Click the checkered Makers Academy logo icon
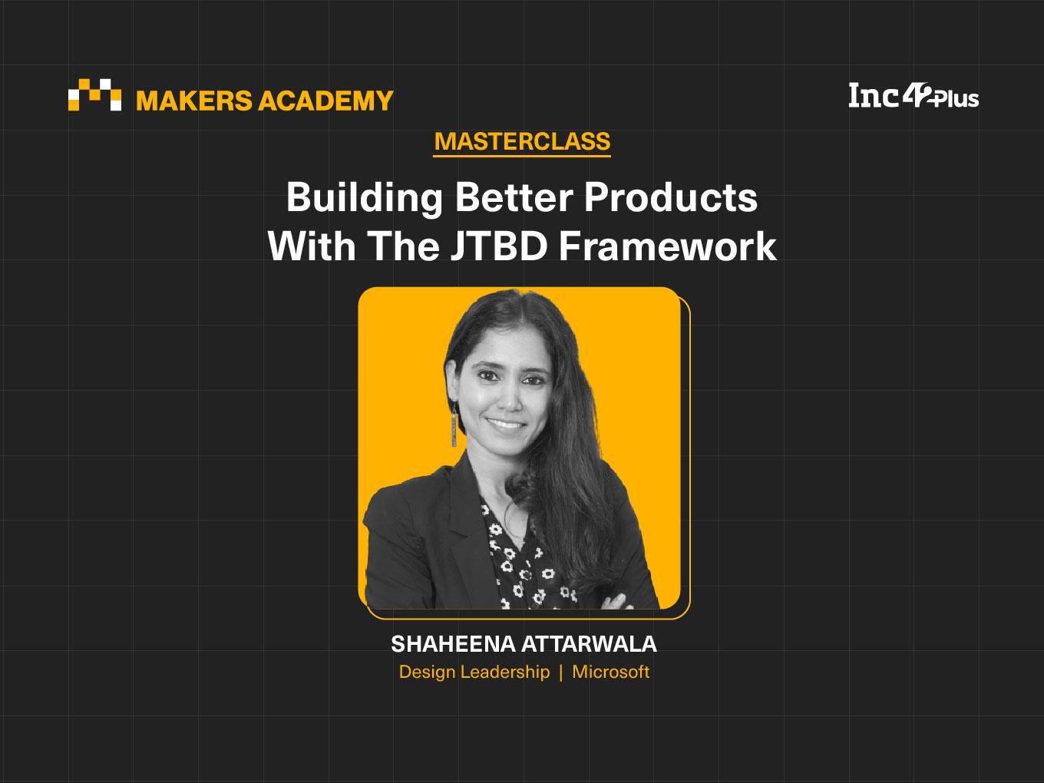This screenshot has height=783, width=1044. coord(94,94)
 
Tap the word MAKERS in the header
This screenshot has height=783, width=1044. coord(194,101)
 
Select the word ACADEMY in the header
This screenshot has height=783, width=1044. coord(325,101)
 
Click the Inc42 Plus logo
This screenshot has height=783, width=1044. coord(914,96)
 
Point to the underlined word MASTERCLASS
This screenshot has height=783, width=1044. coord(522,141)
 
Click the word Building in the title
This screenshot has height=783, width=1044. coord(365,199)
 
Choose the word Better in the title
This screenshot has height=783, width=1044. coord(514,198)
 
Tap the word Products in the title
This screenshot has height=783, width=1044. coord(671,198)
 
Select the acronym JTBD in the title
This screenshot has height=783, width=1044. coord(499,246)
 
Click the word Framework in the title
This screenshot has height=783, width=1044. coord(668,246)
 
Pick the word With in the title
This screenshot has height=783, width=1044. coord(312,246)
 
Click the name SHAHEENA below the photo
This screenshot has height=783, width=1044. coord(453,644)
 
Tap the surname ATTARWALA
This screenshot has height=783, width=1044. coord(590,644)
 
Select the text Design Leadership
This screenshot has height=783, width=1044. coord(474,672)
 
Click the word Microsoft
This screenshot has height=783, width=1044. coord(611,672)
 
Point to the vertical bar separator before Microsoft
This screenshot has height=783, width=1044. coord(561,672)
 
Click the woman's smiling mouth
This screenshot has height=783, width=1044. coord(506,423)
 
